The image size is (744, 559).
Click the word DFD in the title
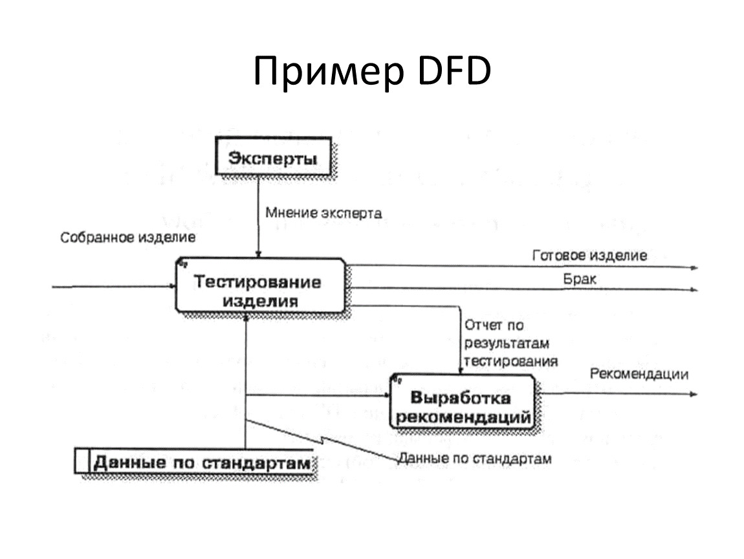(x=455, y=71)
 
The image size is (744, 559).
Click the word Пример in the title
(x=329, y=72)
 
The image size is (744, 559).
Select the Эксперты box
(x=273, y=156)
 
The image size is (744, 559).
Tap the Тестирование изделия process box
(x=260, y=285)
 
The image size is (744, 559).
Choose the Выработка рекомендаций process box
(x=463, y=401)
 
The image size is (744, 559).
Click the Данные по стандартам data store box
(x=195, y=461)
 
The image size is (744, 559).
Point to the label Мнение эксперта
(x=323, y=213)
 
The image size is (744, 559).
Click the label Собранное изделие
(x=127, y=237)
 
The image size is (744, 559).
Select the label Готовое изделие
(x=590, y=256)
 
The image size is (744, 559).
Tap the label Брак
(x=580, y=279)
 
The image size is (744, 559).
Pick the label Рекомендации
(x=639, y=374)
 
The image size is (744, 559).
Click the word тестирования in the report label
(x=511, y=362)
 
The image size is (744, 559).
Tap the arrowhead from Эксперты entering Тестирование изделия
(x=259, y=254)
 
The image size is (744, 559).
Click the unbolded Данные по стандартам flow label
(x=475, y=459)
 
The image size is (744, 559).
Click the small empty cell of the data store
(x=82, y=461)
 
